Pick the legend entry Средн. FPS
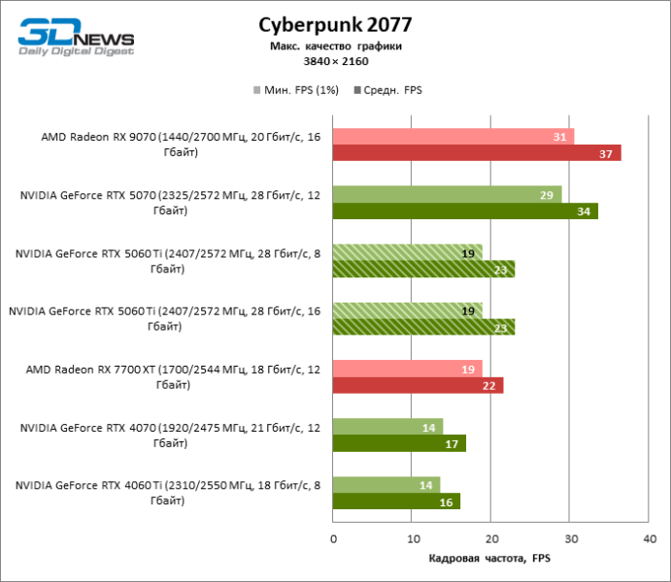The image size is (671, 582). pos(391,90)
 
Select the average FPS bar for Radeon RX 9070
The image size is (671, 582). pos(476,153)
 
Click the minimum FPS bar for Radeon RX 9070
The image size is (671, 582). pos(453,137)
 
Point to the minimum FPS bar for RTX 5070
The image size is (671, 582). pos(447,195)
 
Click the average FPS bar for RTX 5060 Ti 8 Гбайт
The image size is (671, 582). pos(423,270)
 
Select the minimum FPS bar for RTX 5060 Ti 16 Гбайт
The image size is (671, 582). pos(408,311)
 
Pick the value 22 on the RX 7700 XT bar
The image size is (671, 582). pos(487,386)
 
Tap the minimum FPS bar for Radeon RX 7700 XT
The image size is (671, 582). pos(408,370)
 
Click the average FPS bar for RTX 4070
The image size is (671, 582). pos(399,444)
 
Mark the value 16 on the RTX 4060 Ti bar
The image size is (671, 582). pos(446,501)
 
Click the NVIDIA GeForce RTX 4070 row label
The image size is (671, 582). pos(170,436)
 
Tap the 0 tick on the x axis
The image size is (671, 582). pos(333,537)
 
